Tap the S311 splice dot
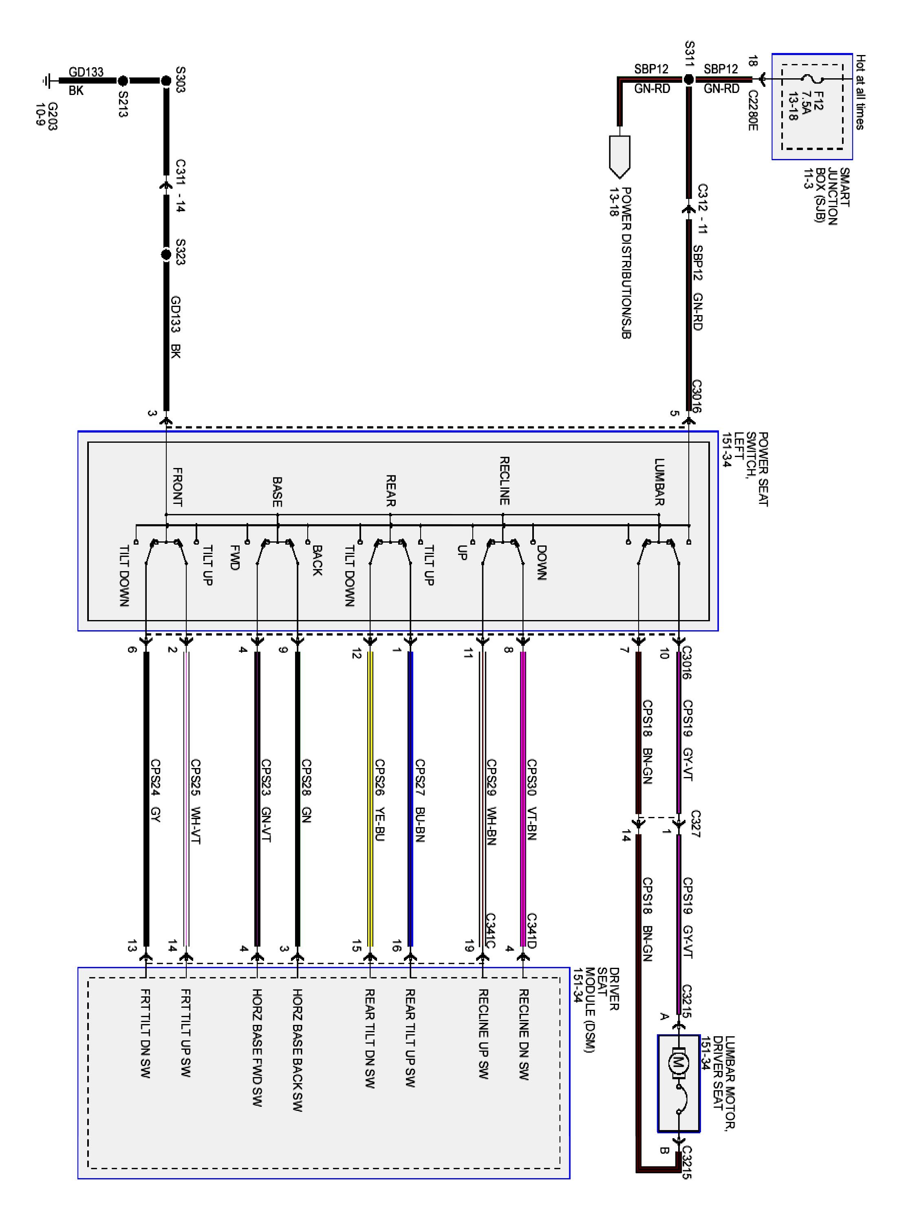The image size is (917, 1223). tap(688, 79)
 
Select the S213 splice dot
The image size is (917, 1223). tap(123, 81)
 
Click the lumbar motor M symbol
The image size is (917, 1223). tap(678, 1062)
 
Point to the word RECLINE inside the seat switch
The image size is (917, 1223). tap(504, 481)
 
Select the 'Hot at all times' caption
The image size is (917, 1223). tap(860, 92)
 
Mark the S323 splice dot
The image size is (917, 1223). tap(166, 255)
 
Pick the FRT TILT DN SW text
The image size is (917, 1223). tap(146, 1033)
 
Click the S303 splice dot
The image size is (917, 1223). tap(166, 81)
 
